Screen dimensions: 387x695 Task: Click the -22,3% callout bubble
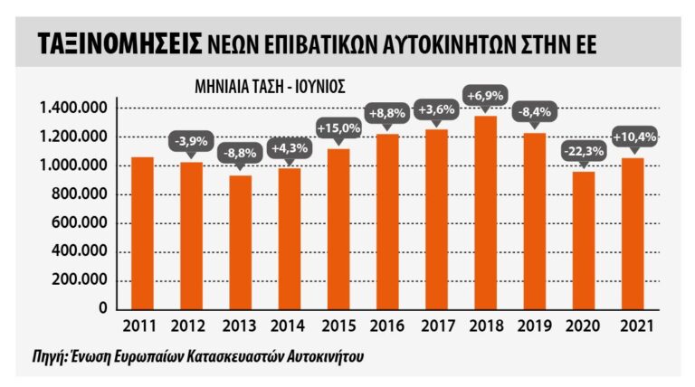coord(584,153)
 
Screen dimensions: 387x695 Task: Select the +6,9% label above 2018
coord(485,95)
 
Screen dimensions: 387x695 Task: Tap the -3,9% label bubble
coord(191,143)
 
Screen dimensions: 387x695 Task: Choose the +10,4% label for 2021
coord(633,138)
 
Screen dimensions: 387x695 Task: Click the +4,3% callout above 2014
coord(289,147)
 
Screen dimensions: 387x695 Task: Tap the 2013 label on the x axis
coord(240,325)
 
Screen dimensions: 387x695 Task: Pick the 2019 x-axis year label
coord(534,325)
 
